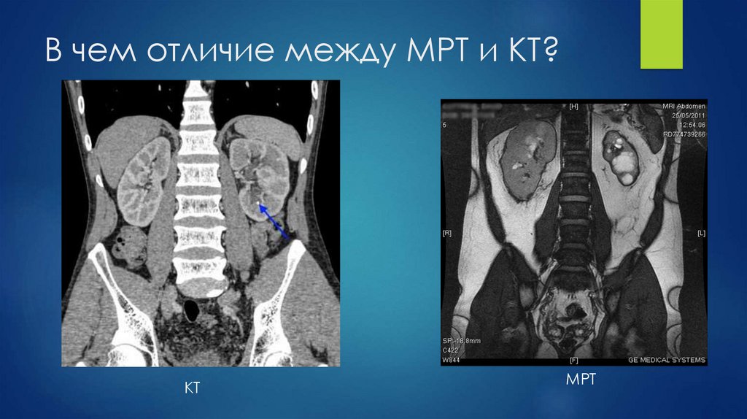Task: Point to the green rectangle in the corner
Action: click(x=661, y=34)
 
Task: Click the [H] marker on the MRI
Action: click(x=573, y=107)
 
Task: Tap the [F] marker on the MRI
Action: click(x=573, y=360)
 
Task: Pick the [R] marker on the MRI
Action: click(x=447, y=234)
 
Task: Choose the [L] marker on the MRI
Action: click(x=701, y=234)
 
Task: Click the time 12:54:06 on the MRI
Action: click(x=692, y=125)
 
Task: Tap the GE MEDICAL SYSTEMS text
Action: click(x=667, y=360)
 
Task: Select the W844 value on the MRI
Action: click(x=452, y=360)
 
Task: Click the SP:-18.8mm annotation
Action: click(x=461, y=342)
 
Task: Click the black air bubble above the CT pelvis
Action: click(x=191, y=310)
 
